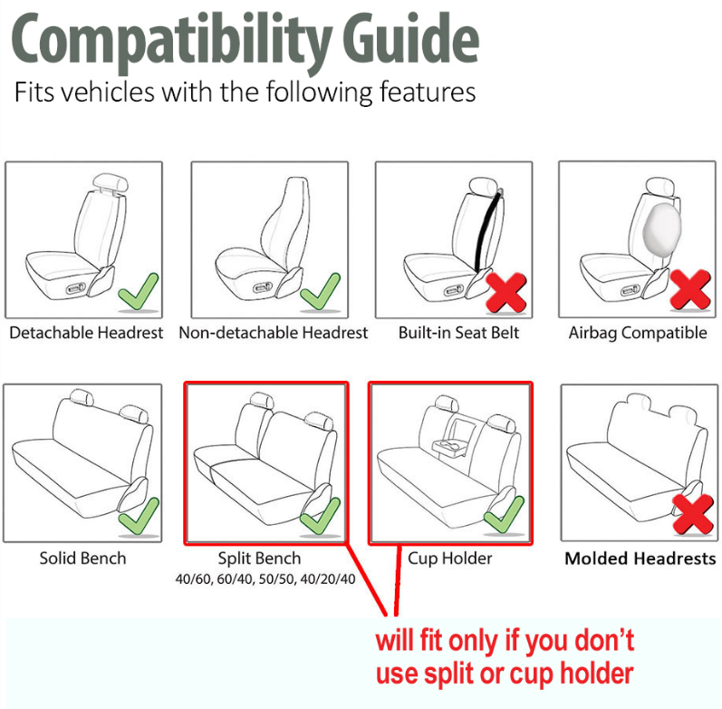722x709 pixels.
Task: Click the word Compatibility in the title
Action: tap(171, 43)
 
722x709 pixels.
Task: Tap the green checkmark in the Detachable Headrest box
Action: tap(138, 292)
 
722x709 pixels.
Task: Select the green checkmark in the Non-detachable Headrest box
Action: tap(320, 292)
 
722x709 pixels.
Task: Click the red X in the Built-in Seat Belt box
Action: tap(505, 292)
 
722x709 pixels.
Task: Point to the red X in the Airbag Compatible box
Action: tap(689, 289)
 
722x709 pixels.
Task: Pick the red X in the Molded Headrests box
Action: tap(693, 514)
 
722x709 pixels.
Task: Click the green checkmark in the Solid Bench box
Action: tap(139, 516)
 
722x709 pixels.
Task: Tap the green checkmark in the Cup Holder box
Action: tap(505, 514)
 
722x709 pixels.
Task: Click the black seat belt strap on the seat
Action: tap(487, 230)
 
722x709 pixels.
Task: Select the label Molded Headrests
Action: tap(640, 558)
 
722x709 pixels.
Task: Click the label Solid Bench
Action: tap(82, 558)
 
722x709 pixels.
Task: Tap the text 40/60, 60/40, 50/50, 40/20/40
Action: tap(265, 579)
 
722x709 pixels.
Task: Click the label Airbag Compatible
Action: tap(638, 333)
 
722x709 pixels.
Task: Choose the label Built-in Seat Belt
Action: tap(458, 333)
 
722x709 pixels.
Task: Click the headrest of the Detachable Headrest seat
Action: tap(111, 182)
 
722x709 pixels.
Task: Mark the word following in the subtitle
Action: tap(320, 92)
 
